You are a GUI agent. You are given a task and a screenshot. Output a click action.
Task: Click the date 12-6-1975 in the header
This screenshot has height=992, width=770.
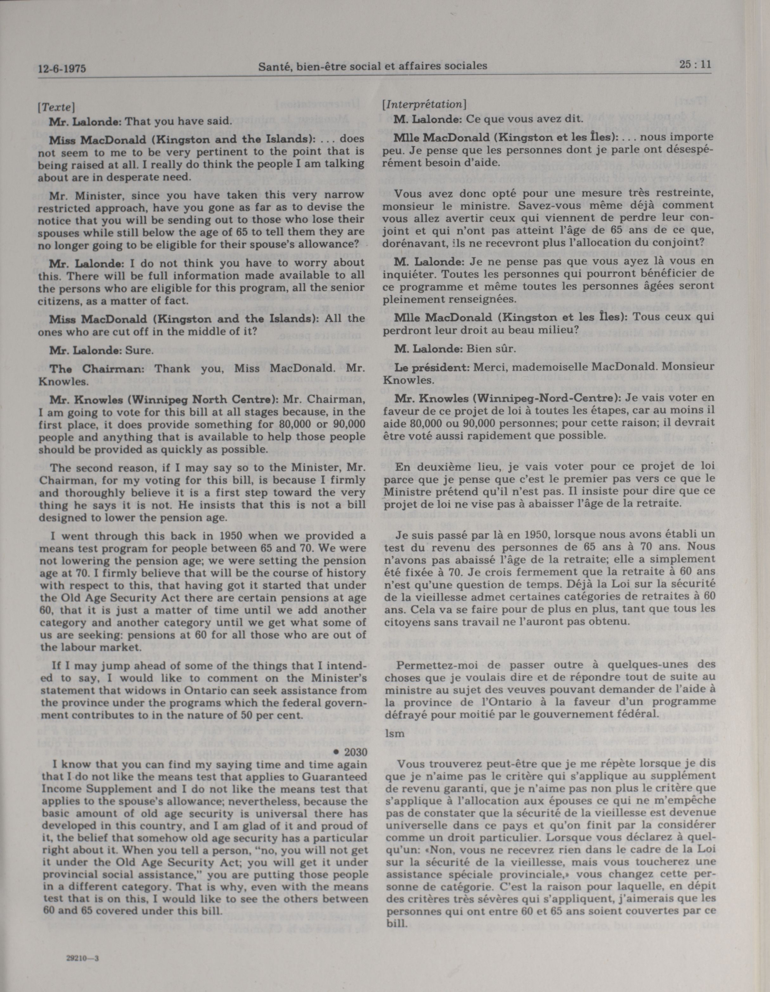[x=62, y=69]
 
